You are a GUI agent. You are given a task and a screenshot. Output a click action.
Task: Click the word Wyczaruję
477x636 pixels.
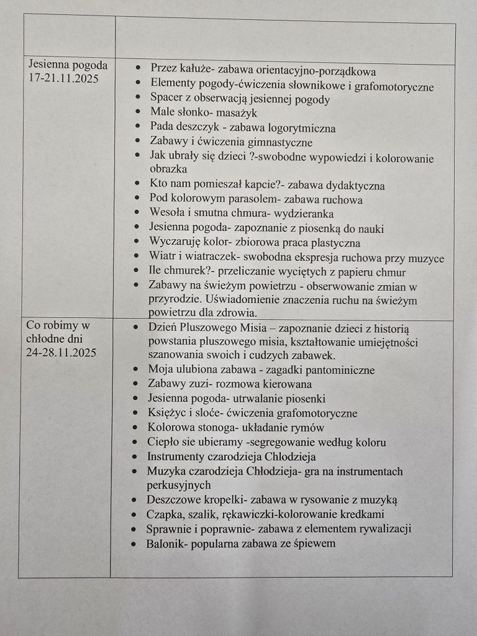178,243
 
